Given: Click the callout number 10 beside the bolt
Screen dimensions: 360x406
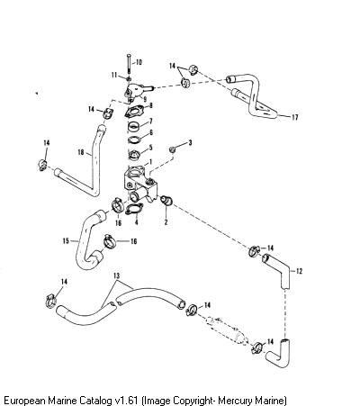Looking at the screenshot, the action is click(139, 62).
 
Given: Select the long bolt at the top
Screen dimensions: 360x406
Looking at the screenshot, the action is click(129, 64).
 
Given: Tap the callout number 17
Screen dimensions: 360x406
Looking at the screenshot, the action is click(295, 117).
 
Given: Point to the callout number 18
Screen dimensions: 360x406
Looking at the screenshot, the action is click(81, 152).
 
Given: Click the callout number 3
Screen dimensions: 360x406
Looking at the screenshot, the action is click(190, 142).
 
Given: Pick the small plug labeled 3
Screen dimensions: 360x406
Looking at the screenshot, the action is click(173, 149).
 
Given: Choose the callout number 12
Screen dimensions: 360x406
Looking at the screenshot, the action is click(299, 271).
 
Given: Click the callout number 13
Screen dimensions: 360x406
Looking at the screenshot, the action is click(116, 275).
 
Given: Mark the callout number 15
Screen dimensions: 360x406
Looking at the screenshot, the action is click(66, 240).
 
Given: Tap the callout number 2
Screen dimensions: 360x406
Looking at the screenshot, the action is click(166, 221).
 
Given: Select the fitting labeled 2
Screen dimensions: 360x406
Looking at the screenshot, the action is click(166, 200).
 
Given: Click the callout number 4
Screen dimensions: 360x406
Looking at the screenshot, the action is click(137, 222).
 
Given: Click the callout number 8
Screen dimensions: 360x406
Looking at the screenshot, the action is click(150, 105).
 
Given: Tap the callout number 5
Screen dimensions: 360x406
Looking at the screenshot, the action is click(150, 148).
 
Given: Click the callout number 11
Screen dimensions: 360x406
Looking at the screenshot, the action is click(114, 75).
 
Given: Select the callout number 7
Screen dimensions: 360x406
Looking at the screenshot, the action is click(150, 121).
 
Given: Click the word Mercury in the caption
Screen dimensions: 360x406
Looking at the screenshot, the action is click(235, 401).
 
